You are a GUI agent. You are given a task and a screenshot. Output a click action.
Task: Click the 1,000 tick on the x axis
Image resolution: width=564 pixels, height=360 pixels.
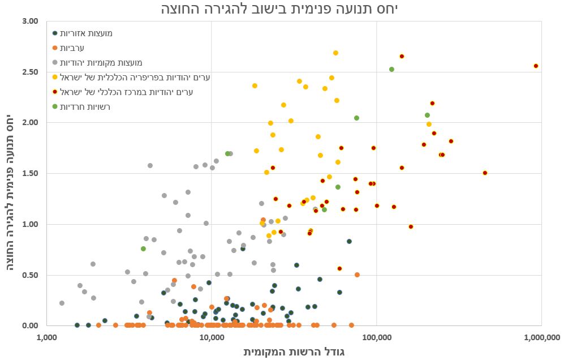[47, 338]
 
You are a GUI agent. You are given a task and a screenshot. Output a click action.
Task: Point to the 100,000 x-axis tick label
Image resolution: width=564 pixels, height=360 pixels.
[376, 338]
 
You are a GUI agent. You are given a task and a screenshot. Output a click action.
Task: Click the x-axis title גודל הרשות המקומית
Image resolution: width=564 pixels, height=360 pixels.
[294, 352]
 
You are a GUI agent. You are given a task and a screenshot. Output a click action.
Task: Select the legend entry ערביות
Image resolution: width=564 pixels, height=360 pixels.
[72, 48]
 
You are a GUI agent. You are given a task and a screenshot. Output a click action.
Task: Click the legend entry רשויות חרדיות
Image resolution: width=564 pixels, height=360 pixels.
[85, 106]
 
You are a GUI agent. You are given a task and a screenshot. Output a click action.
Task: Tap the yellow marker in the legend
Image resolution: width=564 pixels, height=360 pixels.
[55, 78]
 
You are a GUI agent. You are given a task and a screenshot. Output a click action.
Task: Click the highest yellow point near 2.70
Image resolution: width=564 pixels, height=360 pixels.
[335, 53]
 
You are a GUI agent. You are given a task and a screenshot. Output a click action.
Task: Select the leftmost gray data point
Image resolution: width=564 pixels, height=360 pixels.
[62, 303]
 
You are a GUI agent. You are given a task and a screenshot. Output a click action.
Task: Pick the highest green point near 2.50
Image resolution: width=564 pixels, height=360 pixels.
[391, 70]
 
